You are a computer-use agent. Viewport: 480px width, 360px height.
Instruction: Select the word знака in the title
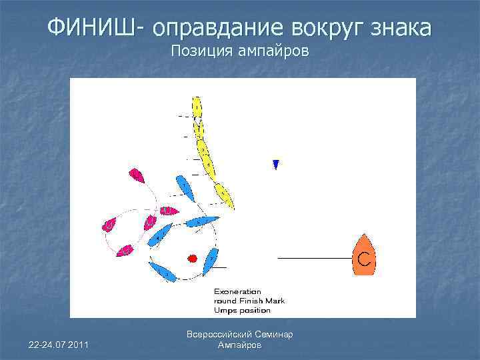tap(398, 28)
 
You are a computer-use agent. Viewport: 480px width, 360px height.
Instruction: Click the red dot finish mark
tap(193, 257)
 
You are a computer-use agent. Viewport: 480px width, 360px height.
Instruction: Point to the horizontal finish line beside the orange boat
tap(314, 257)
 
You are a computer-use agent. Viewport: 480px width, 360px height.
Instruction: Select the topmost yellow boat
tap(197, 107)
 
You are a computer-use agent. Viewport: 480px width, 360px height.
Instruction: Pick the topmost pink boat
tap(137, 176)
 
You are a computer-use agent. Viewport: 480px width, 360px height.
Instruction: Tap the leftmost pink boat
tap(109, 226)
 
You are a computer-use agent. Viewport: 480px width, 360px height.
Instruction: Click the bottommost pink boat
tap(125, 251)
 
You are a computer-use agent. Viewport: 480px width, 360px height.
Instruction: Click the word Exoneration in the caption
tap(237, 291)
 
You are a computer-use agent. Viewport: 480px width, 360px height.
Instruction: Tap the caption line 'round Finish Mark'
tap(249, 301)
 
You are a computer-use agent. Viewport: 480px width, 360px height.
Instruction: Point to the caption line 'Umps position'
tap(242, 310)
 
